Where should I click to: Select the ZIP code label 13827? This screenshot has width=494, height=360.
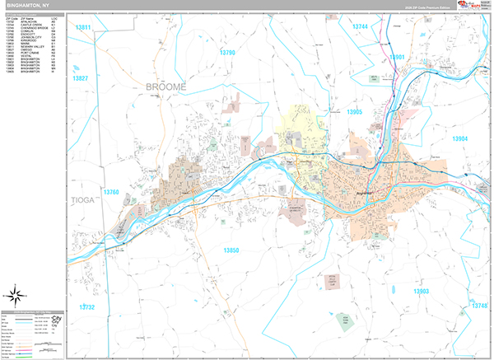[x=80, y=77]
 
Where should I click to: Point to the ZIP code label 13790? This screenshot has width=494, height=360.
[x=227, y=53]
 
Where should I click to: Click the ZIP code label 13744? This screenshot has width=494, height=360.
[x=360, y=27]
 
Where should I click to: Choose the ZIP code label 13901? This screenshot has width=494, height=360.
[x=398, y=57]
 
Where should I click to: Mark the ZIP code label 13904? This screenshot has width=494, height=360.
[x=459, y=138]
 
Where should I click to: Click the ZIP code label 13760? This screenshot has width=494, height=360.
[x=111, y=192]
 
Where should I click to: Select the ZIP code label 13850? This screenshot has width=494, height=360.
[x=231, y=250]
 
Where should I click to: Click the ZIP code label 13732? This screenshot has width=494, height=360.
[x=87, y=306]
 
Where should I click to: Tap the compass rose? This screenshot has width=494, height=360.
[x=17, y=292]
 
